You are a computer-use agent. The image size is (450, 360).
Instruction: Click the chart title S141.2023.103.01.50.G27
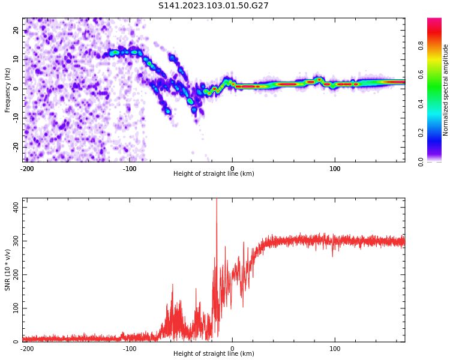[x=214, y=6]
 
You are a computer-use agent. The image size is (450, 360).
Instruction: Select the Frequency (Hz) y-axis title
[x=8, y=90]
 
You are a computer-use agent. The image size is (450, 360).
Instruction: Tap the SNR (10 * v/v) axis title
[x=8, y=270]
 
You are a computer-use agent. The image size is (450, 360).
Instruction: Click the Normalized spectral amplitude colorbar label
[x=446, y=90]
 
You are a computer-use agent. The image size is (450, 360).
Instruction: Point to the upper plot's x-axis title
[x=214, y=174]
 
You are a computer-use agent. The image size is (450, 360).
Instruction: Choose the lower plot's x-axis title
[x=214, y=354]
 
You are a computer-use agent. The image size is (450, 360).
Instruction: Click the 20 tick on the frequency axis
[x=16, y=30]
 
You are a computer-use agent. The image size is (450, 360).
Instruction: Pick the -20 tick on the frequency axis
[x=16, y=146]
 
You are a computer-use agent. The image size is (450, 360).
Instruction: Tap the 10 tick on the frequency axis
[x=16, y=59]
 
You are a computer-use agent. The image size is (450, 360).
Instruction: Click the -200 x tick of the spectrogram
[x=27, y=169]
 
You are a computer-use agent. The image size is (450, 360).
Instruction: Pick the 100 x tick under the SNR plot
[x=335, y=349]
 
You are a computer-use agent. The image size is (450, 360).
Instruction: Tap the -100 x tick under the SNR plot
[x=130, y=349]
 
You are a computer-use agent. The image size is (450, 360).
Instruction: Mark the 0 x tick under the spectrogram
[x=232, y=169]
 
